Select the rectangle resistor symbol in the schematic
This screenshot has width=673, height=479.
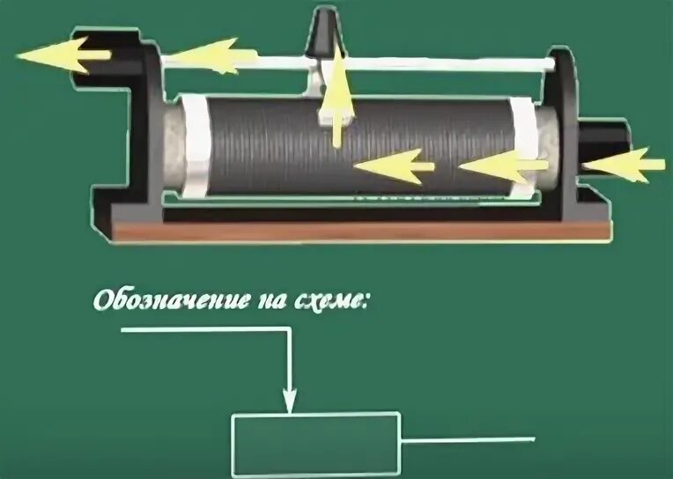pos(316,445)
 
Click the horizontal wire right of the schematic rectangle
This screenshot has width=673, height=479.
pos(467,438)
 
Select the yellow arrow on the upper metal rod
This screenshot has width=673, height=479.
pos(203,57)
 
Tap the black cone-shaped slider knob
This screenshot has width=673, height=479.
pos(318,36)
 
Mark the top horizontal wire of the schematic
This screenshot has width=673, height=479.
pos(203,330)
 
